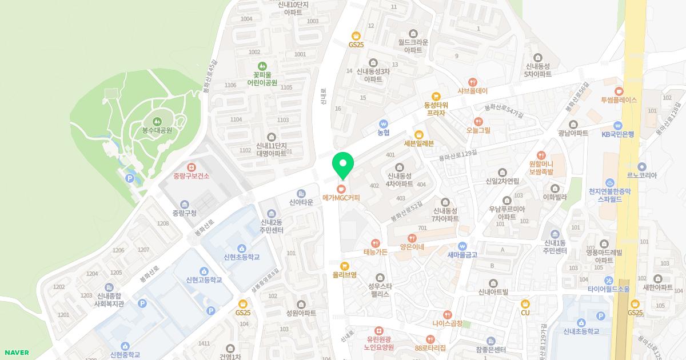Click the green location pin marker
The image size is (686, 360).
click(343, 165)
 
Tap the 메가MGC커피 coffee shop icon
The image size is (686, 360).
click(341, 188)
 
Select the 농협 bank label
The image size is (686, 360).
click(384, 133)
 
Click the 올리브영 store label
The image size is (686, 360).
click(344, 275)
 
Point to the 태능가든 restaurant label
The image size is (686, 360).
click(376, 252)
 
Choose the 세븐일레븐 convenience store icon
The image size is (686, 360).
click(419, 134)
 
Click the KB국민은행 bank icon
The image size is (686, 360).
click(617, 125)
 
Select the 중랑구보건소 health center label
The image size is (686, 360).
click(192, 176)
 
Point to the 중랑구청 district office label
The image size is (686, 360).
click(184, 213)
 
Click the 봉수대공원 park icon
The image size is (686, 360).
click(157, 121)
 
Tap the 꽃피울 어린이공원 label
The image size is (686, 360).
click(262, 78)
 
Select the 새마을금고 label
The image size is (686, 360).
click(462, 255)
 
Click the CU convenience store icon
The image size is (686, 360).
click(525, 303)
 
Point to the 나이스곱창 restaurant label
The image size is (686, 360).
click(447, 323)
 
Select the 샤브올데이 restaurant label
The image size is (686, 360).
click(472, 91)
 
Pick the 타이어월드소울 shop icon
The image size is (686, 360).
click(609, 280)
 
